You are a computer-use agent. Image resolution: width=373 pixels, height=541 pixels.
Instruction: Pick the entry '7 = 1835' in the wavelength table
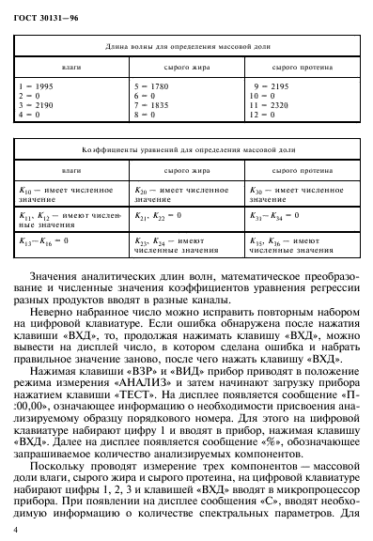[149, 104]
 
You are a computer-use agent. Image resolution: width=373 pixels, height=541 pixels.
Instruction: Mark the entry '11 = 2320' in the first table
[267, 104]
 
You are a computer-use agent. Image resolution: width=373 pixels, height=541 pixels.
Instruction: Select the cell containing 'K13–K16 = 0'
[45, 241]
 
